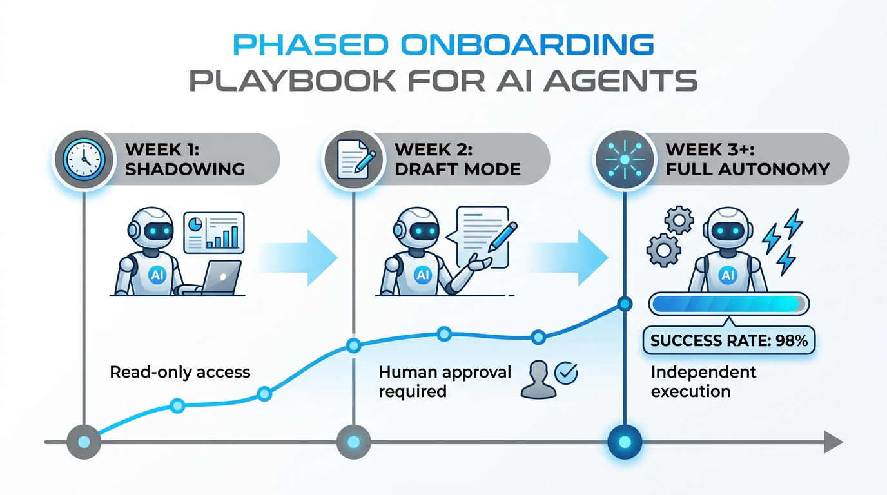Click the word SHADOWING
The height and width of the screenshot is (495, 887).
pyautogui.click(x=184, y=170)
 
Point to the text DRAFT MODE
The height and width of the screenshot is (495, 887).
pyautogui.click(x=458, y=170)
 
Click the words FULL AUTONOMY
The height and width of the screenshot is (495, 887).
pyautogui.click(x=748, y=170)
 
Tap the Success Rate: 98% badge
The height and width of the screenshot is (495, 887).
pyautogui.click(x=729, y=340)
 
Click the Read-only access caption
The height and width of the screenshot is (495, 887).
pyautogui.click(x=180, y=372)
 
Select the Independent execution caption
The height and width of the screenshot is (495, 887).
pyautogui.click(x=703, y=381)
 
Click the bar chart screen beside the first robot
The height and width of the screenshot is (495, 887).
pyautogui.click(x=214, y=233)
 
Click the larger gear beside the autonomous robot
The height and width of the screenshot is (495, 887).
pyautogui.click(x=662, y=249)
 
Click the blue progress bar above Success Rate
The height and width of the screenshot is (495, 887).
pyautogui.click(x=729, y=304)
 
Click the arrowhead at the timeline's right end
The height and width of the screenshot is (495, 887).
pyautogui.click(x=832, y=442)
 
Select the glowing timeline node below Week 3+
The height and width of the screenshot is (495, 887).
pyautogui.click(x=625, y=442)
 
